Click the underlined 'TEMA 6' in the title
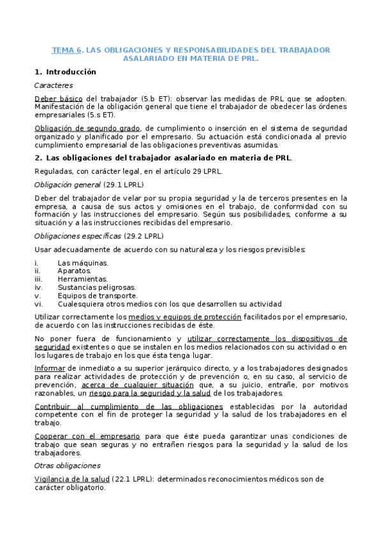[x=67, y=49]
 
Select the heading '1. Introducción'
[x=65, y=72]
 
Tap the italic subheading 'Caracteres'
[x=54, y=85]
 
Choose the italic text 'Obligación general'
[x=67, y=185]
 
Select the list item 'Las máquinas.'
[x=73, y=263]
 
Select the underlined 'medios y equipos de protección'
[x=184, y=316]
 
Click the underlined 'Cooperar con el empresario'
[x=87, y=436]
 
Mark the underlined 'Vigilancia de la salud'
[x=71, y=479]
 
